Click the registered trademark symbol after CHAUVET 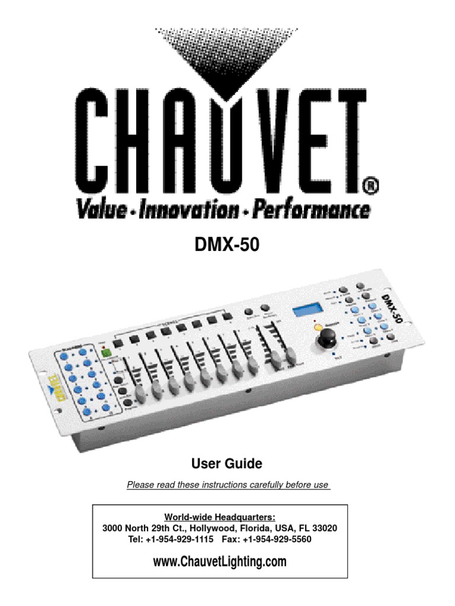pos(368,188)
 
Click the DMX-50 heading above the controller pos(227,246)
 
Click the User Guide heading pos(227,463)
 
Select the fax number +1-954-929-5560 pos(280,539)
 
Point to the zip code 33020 pos(325,528)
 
